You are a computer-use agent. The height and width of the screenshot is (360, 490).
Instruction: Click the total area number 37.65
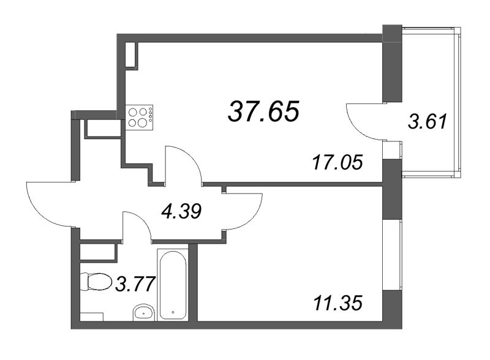pos(264,111)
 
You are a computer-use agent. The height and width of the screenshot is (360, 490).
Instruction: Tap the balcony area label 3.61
pos(428,122)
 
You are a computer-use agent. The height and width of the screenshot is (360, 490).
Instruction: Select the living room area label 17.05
pos(337,162)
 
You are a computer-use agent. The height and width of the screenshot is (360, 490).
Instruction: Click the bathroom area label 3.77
pos(135,284)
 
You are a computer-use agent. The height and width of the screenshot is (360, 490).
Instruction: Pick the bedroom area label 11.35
pos(337,303)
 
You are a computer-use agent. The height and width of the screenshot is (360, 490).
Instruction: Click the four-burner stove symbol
pos(140,117)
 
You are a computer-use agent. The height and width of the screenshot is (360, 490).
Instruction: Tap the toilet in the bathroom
pos(96,282)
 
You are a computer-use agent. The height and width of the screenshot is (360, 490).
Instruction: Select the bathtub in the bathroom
pos(173,284)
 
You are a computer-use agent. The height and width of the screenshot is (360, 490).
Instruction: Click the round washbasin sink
pos(143,312)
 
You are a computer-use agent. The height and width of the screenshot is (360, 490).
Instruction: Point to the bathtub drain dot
pos(173,312)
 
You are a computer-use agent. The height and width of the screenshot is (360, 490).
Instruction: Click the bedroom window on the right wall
pos(392,255)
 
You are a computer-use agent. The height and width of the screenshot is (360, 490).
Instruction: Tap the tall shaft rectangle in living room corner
pos(131,54)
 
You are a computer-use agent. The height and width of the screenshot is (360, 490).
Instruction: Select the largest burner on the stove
pos(141,122)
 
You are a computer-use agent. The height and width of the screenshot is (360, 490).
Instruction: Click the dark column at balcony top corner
pos(392,64)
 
